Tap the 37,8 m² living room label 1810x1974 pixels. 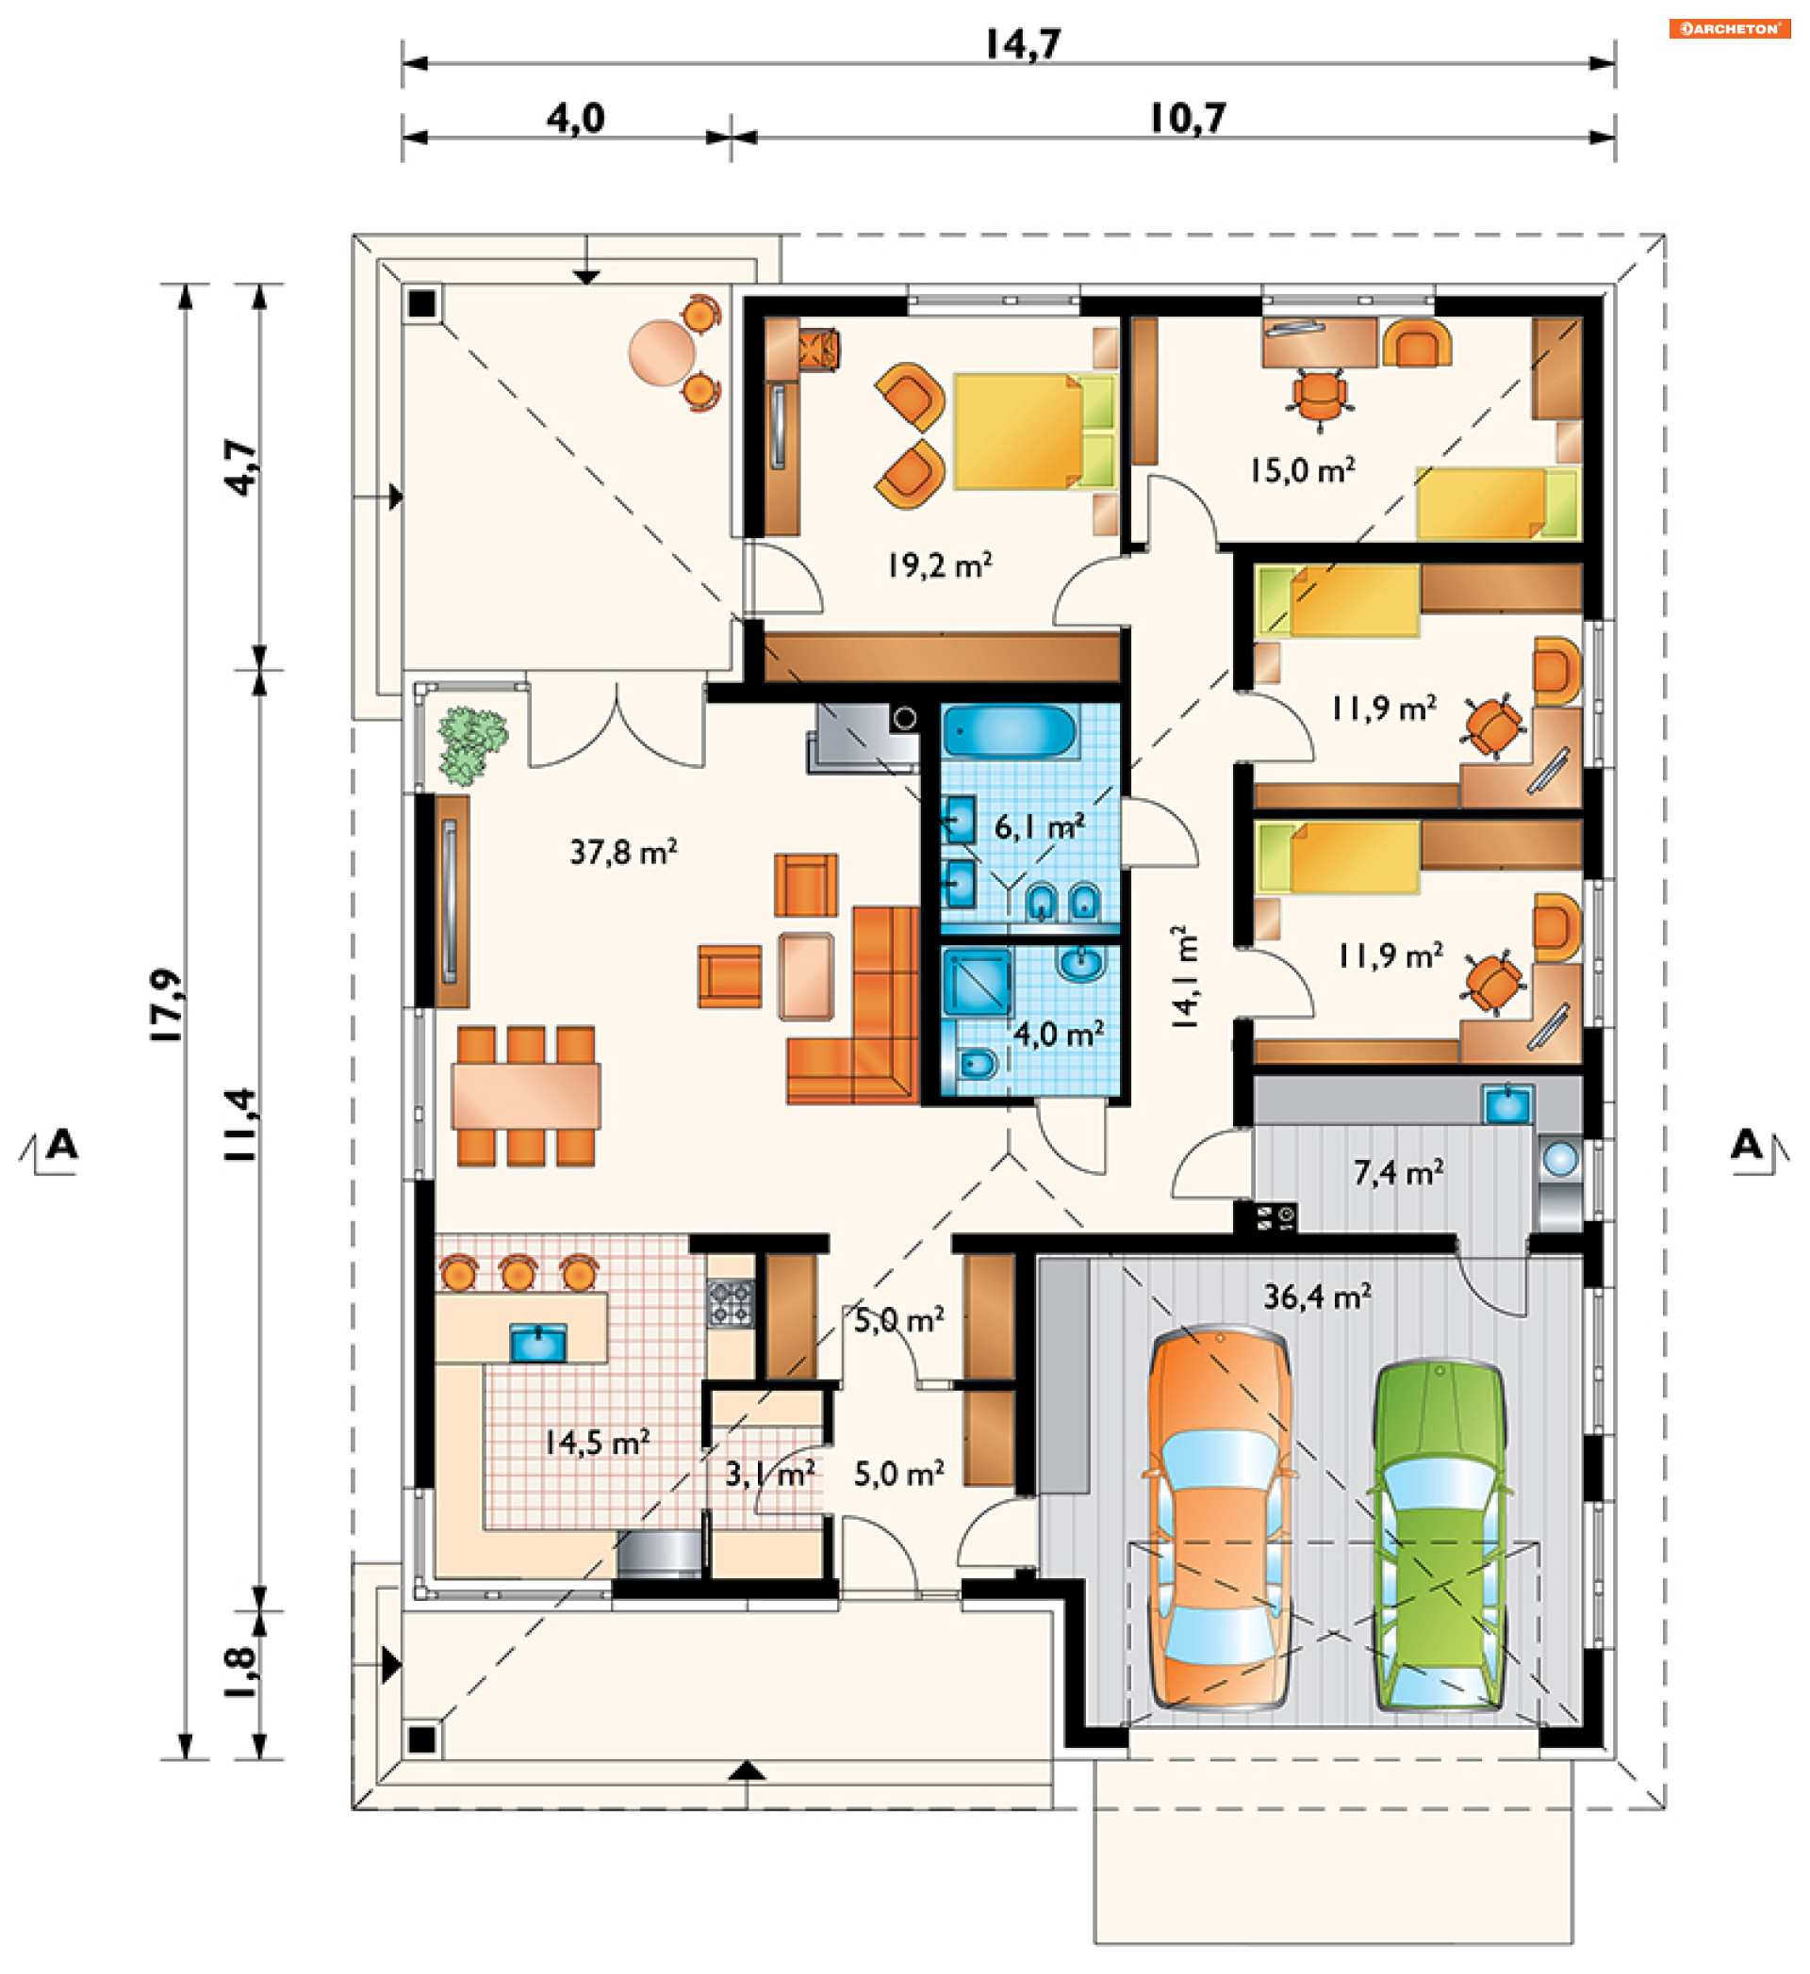tap(624, 852)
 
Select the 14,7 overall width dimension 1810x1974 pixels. tap(1023, 44)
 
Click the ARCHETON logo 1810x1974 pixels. tap(1730, 28)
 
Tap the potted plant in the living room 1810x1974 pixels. tap(472, 745)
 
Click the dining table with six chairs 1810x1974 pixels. tap(526, 1096)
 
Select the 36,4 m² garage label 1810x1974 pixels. tap(1317, 1297)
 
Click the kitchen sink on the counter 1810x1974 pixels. tap(537, 1343)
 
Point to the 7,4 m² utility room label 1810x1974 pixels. tap(1399, 1172)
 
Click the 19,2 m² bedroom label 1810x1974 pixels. tap(939, 565)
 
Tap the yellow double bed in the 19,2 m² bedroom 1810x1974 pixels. tap(1034, 431)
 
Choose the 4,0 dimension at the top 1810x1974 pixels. tap(575, 119)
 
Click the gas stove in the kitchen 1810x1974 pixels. tap(731, 1303)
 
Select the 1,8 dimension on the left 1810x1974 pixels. tap(240, 1672)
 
